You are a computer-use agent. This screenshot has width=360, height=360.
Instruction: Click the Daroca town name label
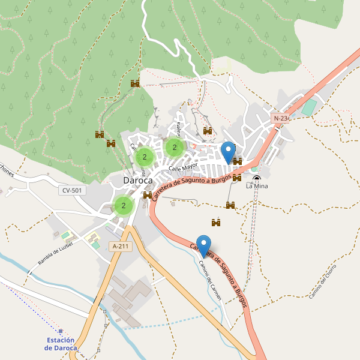tap(137, 180)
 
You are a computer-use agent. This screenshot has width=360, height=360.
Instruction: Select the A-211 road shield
tap(121, 246)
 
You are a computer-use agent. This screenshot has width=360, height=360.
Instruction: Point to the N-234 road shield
tap(281, 118)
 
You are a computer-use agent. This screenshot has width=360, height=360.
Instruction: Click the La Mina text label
tap(257, 187)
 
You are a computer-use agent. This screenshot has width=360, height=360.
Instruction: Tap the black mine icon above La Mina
tap(257, 178)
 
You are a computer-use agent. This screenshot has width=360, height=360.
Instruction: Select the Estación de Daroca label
tap(61, 344)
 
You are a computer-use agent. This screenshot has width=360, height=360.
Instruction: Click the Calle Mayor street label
tap(183, 167)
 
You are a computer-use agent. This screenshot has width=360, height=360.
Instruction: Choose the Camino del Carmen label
tap(211, 280)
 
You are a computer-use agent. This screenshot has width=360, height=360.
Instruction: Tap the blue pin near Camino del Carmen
tap(204, 246)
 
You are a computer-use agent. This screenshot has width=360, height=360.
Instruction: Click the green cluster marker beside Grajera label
tap(174, 147)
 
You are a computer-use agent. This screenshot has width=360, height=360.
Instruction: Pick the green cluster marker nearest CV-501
tap(124, 206)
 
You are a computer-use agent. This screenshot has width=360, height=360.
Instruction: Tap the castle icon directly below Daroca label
tap(148, 195)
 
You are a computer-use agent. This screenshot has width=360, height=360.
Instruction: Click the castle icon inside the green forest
tap(135, 83)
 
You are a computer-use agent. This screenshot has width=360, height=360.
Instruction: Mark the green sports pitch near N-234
tap(308, 108)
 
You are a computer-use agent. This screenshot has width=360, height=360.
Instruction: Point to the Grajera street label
tap(178, 127)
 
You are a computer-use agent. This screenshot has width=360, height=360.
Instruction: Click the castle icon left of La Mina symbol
tap(238, 178)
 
